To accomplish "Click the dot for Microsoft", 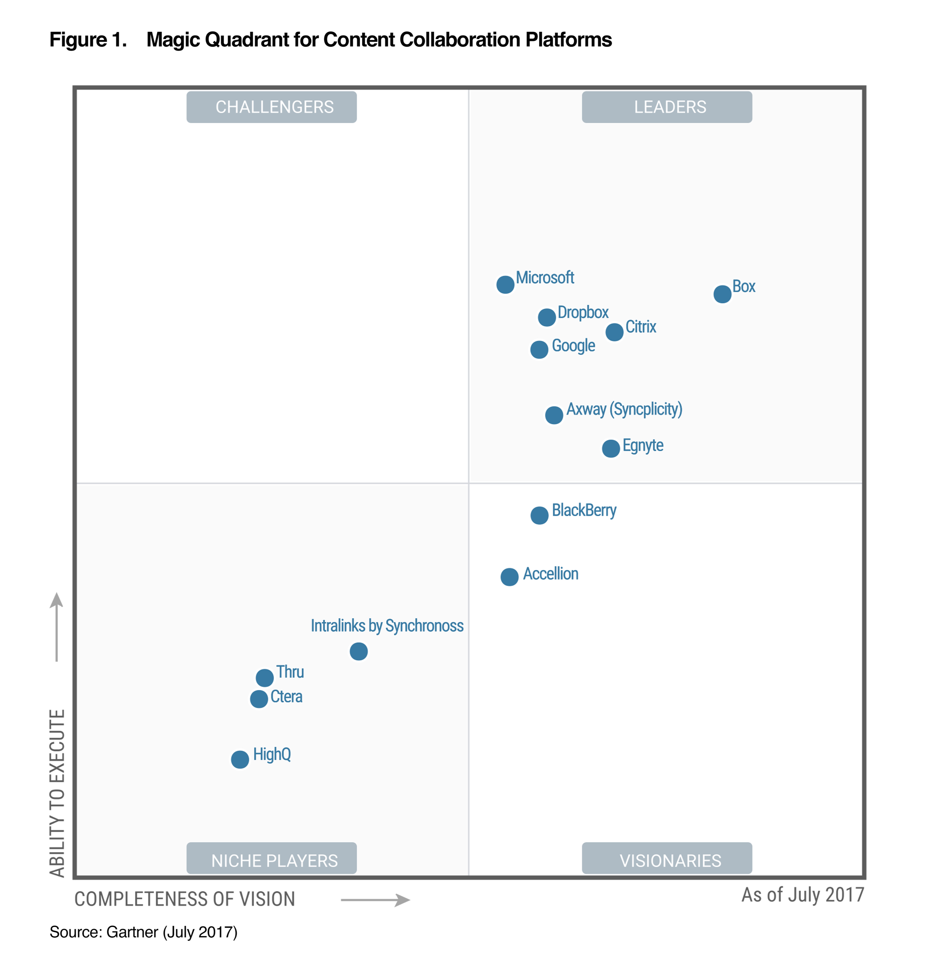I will point(505,284).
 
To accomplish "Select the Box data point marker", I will point(722,294).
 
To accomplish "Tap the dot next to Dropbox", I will point(546,317).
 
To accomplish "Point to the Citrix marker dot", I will point(614,332).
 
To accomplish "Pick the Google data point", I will point(539,350).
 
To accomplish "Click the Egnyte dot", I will point(611,448).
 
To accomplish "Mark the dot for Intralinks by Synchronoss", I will point(358,651).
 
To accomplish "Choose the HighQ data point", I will point(239,759).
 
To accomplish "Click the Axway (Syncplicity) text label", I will point(624,409).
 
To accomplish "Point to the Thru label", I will point(289,671).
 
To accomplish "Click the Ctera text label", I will point(286,697).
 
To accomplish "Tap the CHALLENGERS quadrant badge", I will point(272,107).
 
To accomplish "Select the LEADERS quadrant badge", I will point(667,107).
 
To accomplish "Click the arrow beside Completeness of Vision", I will point(375,900).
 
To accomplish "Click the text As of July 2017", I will point(802,895).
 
